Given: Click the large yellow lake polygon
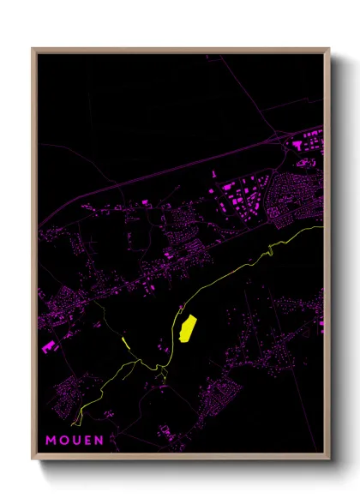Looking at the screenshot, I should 188,327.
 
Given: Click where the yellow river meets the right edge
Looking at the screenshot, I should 322,227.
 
